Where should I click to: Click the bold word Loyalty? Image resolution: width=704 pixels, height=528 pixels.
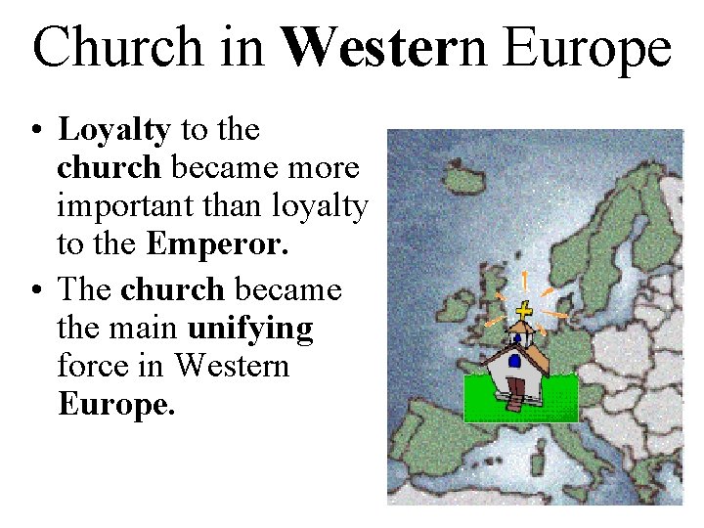114,130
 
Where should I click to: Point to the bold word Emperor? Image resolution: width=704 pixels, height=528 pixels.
217,244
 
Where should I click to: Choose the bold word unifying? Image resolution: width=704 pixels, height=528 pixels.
250,328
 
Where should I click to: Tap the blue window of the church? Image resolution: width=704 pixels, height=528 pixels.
514,361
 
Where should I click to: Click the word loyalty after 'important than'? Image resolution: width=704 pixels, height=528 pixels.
321,206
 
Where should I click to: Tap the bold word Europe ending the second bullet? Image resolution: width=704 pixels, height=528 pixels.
116,405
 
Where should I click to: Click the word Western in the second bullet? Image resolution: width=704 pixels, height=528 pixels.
233,366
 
